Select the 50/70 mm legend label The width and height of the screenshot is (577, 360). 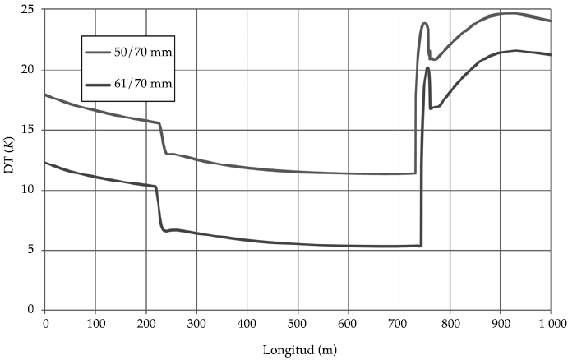[147, 53]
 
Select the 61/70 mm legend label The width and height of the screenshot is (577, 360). [147, 84]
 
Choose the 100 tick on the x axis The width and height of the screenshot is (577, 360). [96, 325]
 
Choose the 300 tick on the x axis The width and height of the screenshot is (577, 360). [197, 325]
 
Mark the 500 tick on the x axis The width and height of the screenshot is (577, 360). [298, 325]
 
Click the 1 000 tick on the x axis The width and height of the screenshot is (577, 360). [550, 325]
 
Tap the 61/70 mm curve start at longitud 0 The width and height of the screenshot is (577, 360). [46, 163]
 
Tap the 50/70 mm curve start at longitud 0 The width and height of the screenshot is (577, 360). [46, 95]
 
